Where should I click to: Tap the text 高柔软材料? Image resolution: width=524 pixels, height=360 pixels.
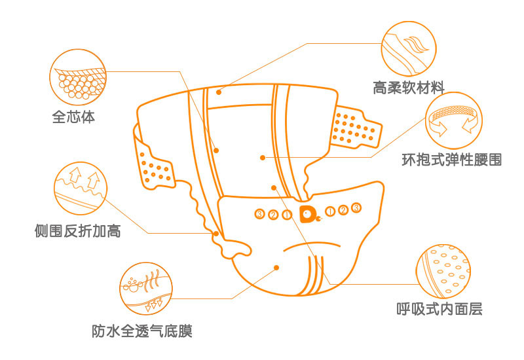pos(409,87)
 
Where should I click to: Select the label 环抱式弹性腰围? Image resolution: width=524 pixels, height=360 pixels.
pos(452,159)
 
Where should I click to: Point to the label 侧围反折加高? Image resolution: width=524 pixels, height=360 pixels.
pos(78,231)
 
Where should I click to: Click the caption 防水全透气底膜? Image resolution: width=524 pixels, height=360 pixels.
pos(142,331)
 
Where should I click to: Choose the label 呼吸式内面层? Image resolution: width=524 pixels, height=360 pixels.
pos(440,309)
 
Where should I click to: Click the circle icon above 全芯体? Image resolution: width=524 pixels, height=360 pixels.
pos(79,75)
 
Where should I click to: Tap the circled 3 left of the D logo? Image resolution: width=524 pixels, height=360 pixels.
pos(260,214)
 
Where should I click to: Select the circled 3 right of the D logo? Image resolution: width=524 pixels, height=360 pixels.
pos(356,208)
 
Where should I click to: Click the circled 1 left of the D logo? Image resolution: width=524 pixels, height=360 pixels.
pos(286,214)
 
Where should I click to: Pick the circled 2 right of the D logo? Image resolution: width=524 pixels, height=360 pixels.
pos(343,210)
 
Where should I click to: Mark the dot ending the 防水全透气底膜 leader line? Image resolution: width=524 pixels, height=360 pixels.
pos(277,267)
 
